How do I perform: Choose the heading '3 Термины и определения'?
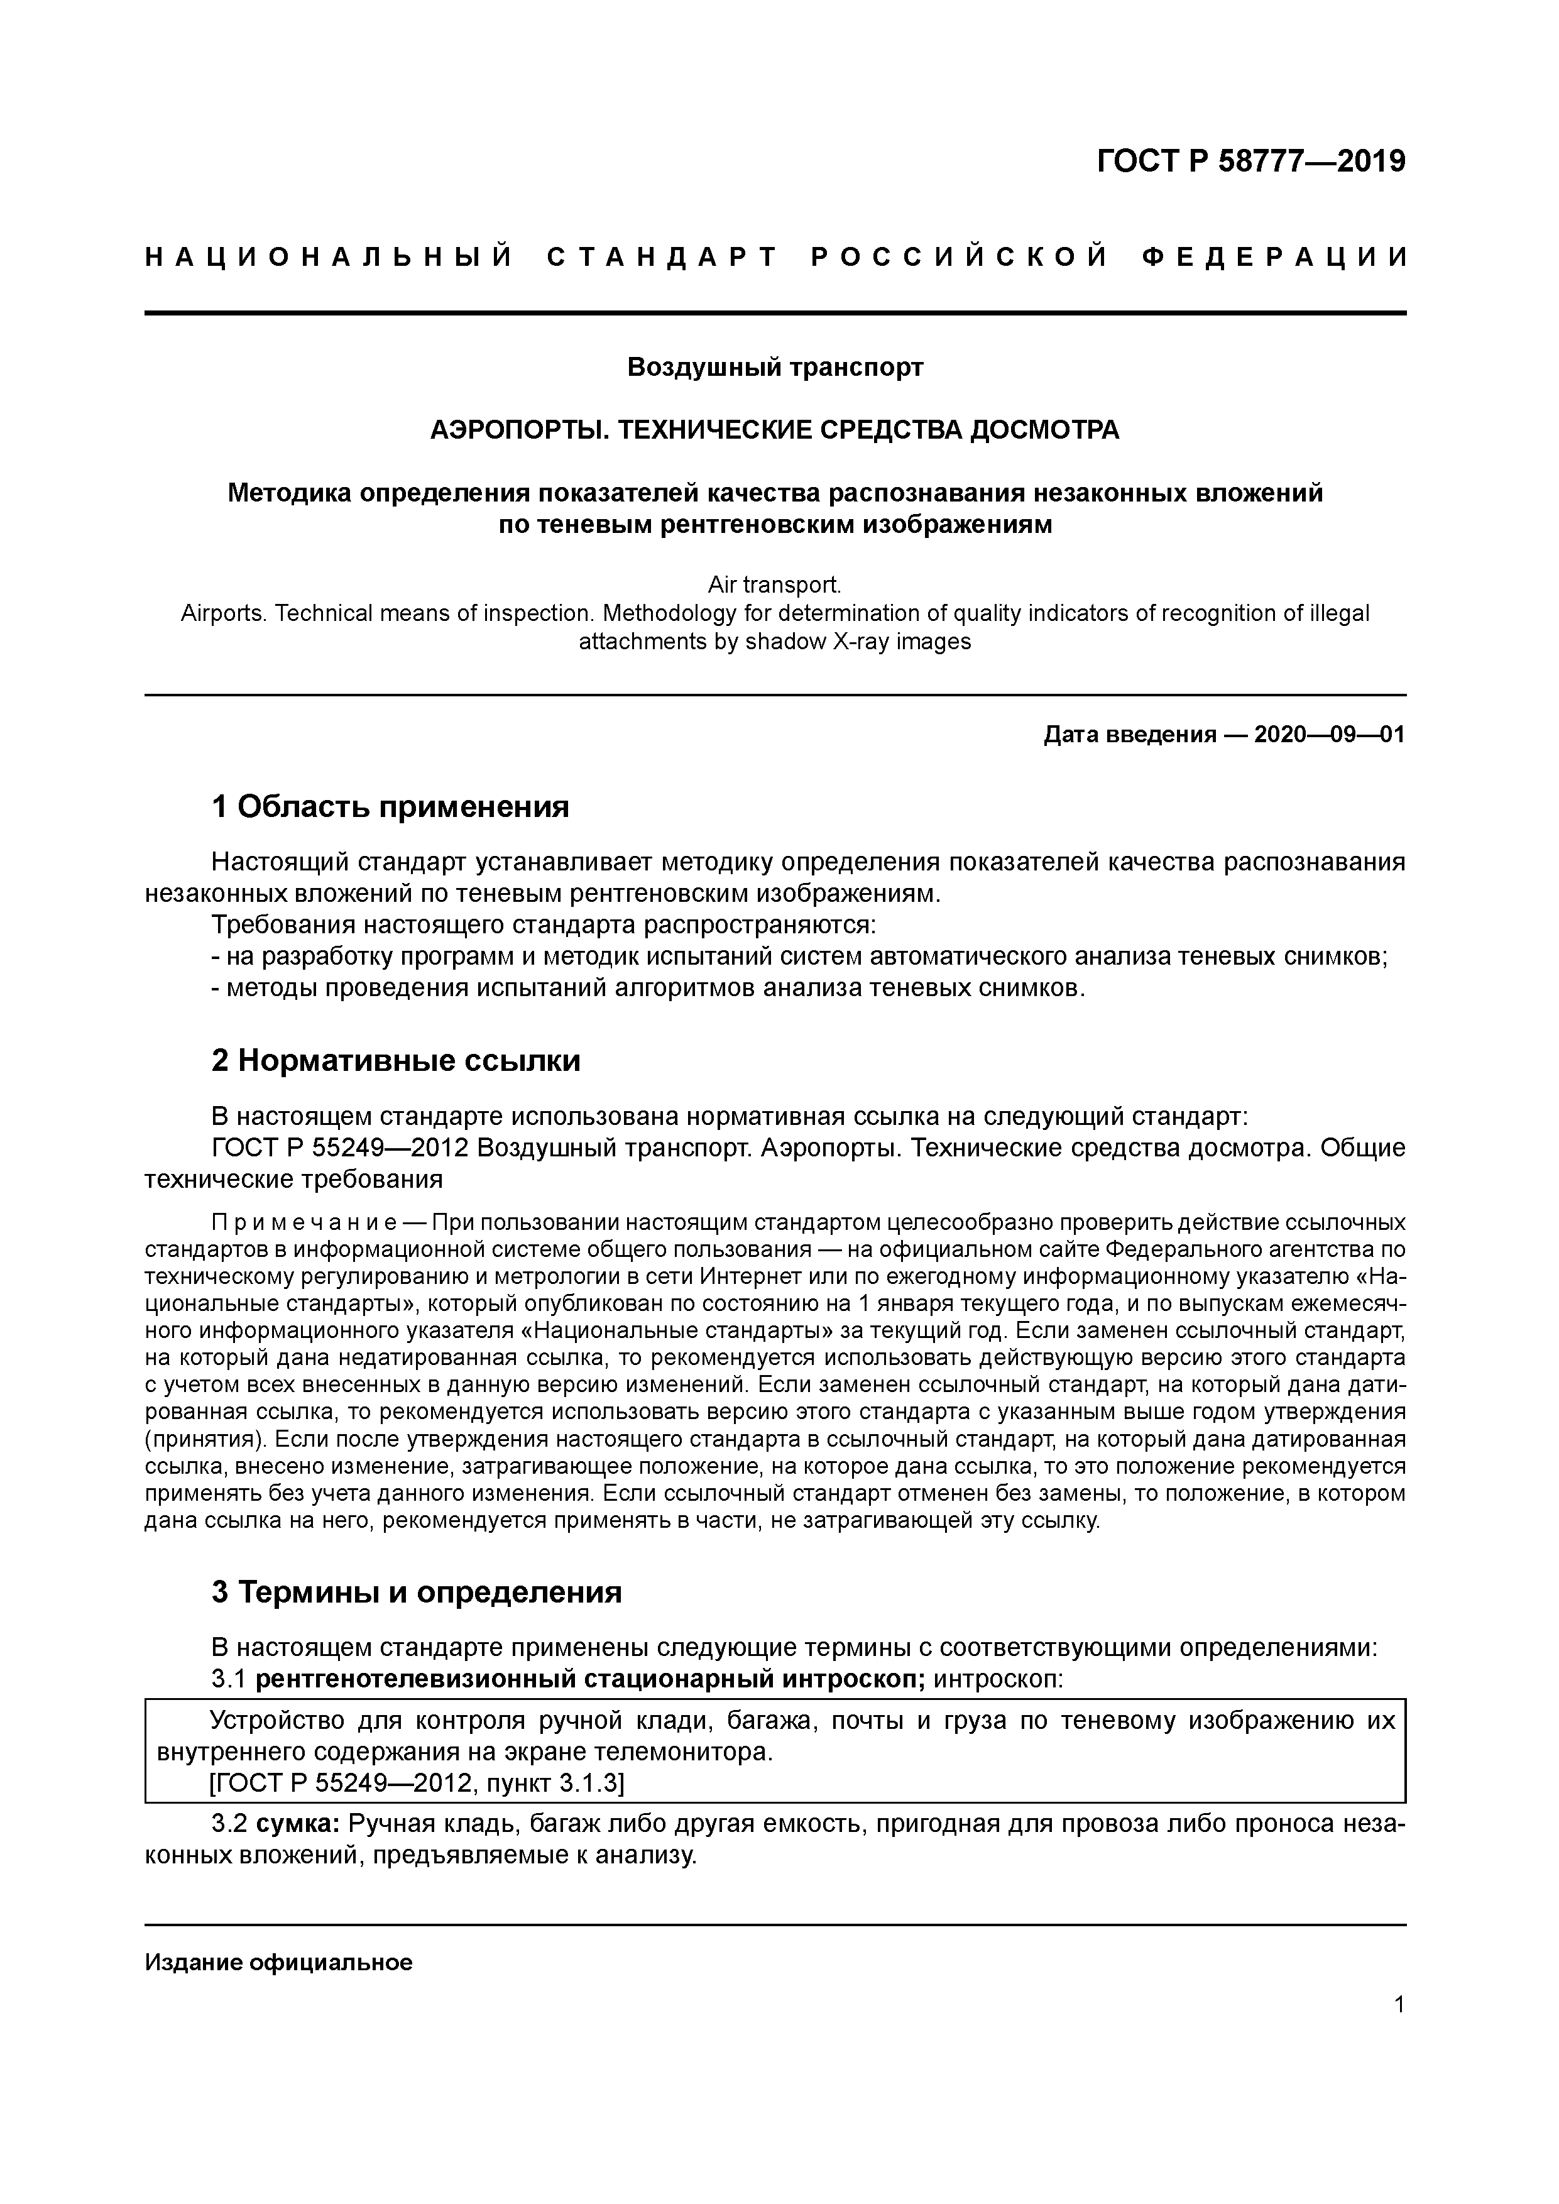click(417, 1591)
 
